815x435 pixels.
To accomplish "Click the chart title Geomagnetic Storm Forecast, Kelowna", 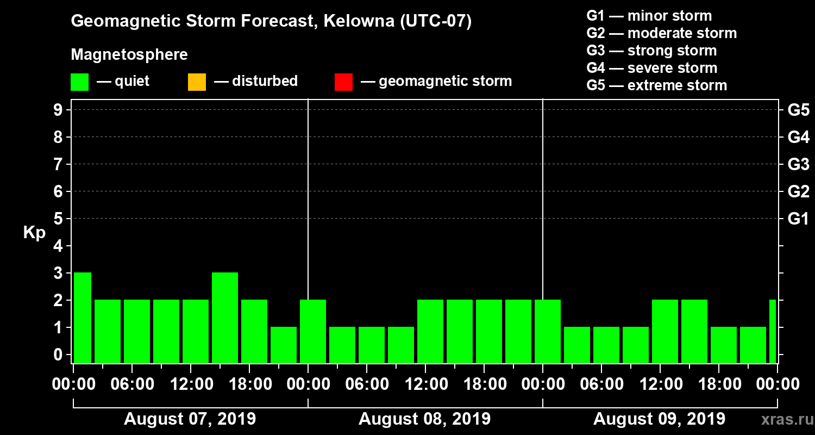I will coord(271,21).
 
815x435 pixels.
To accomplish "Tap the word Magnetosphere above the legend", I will coord(129,55).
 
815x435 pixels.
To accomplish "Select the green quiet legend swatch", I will coord(79,82).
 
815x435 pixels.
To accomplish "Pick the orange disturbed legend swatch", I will coord(197,82).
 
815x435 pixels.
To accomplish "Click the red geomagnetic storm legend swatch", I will coord(343,82).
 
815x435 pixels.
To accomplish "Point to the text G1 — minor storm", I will coord(649,16).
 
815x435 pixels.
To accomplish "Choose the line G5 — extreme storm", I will coord(656,85).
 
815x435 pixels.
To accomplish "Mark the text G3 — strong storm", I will coord(651,51).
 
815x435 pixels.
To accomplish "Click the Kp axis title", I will coord(34,233).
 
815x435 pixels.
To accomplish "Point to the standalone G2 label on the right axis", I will coord(798,191).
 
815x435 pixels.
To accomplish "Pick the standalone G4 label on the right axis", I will coord(798,137).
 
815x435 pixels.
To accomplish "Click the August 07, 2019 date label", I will coord(190,419).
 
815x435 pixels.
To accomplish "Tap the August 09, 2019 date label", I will coord(659,419).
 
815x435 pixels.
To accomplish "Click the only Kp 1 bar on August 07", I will coord(284,345).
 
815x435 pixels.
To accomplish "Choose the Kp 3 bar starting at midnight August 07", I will coord(83,318).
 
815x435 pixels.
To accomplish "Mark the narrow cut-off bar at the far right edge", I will coord(773,331).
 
